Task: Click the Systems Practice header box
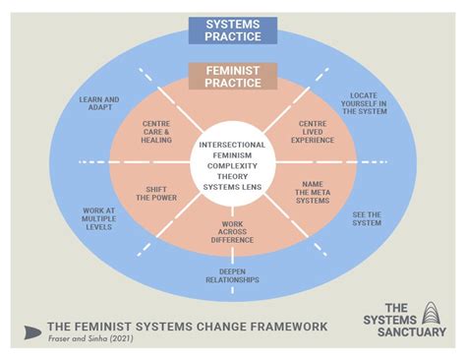tap(233, 30)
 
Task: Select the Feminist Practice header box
tap(233, 77)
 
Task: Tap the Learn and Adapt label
tap(99, 104)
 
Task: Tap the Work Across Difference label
tap(232, 233)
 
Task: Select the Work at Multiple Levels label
tap(98, 218)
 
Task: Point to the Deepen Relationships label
tap(232, 275)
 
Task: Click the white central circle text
tap(232, 162)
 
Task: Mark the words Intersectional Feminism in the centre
tap(232, 151)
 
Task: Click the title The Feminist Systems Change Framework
tap(188, 327)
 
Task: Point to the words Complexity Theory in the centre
tap(232, 168)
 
